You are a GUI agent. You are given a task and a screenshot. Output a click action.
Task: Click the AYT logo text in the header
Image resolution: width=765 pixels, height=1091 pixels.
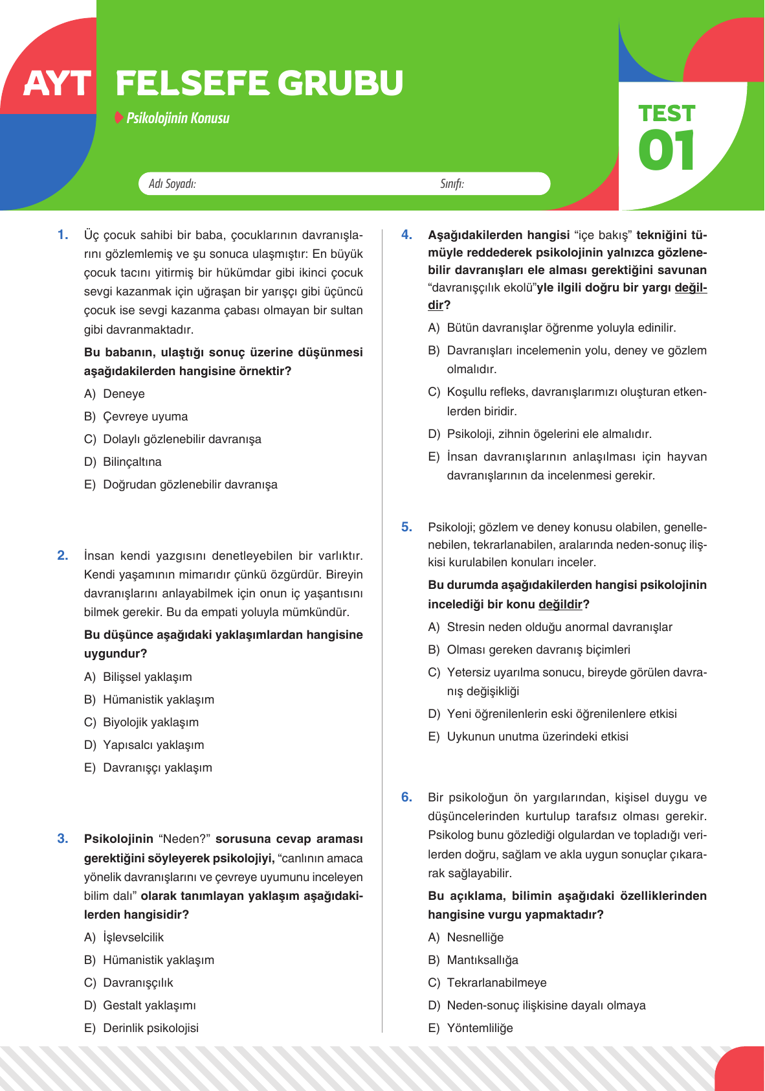coord(57,84)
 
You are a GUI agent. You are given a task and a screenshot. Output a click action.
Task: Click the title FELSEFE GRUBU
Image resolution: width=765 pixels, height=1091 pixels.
coord(259,84)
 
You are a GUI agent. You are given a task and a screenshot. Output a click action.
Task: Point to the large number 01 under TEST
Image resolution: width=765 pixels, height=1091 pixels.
coord(666,151)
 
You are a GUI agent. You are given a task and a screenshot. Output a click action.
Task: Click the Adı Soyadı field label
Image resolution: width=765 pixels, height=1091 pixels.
coord(172,184)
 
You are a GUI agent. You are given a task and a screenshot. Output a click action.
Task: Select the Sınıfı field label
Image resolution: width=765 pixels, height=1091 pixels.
coord(452,184)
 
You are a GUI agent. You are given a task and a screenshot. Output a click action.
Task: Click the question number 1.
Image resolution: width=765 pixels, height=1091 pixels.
coord(63,235)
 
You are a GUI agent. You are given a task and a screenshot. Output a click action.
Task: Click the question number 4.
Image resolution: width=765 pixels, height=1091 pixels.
coord(406,235)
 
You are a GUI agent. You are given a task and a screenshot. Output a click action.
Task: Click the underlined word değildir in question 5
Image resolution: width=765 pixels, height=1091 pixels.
coord(560,604)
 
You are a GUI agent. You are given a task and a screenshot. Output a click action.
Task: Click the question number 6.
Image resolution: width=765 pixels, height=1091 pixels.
coord(406,798)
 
